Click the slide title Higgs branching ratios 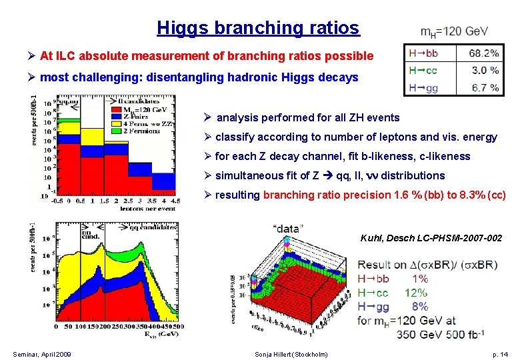pyautogui.click(x=258, y=28)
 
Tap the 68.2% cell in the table pyautogui.click(x=483, y=53)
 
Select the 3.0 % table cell pyautogui.click(x=485, y=70)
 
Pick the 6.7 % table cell pyautogui.click(x=485, y=87)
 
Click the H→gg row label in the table pyautogui.click(x=425, y=87)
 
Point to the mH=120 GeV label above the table pyautogui.click(x=454, y=31)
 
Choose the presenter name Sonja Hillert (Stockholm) pyautogui.click(x=291, y=354)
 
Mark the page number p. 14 pyautogui.click(x=500, y=354)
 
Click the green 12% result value pyautogui.click(x=417, y=293)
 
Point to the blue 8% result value pyautogui.click(x=419, y=307)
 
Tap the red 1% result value pyautogui.click(x=419, y=279)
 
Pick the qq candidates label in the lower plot pyautogui.click(x=155, y=227)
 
